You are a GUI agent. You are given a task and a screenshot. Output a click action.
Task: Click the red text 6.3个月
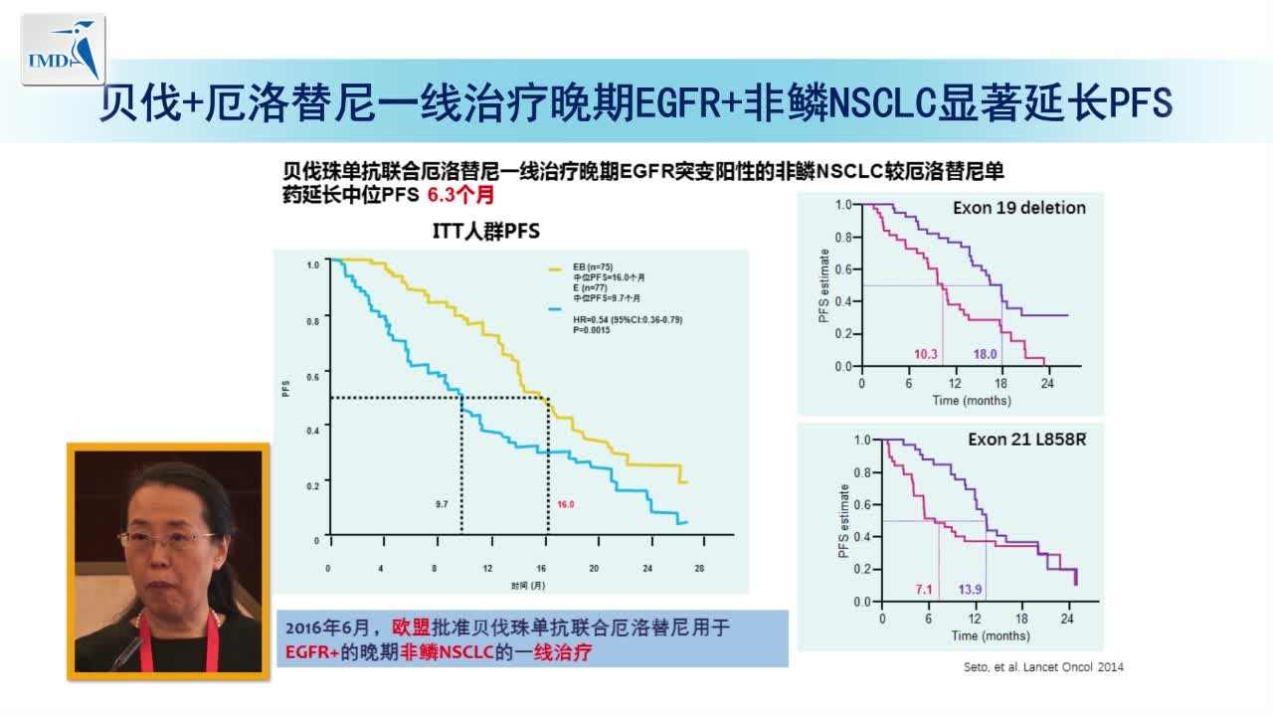point(460,196)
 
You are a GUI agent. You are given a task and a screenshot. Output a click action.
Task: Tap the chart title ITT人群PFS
point(487,232)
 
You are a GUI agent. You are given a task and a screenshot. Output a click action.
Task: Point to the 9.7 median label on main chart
point(442,505)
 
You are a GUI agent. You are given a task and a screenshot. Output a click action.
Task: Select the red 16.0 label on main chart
point(565,505)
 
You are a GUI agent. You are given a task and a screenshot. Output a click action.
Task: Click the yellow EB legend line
point(556,268)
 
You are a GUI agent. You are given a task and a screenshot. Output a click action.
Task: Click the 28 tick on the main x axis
point(699,568)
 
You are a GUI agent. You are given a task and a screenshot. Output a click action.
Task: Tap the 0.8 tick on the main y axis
point(313,320)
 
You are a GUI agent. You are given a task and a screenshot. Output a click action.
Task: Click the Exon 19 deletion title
point(1018,208)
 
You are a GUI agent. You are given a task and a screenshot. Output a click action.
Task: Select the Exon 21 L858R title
point(1026,439)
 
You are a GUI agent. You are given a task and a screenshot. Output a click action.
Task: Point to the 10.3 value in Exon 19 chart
point(926,354)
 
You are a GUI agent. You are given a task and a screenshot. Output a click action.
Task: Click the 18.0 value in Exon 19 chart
point(984,354)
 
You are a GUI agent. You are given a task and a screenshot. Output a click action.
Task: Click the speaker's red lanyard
point(149,636)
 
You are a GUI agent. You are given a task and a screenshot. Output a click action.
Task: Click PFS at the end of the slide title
point(1140,102)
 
